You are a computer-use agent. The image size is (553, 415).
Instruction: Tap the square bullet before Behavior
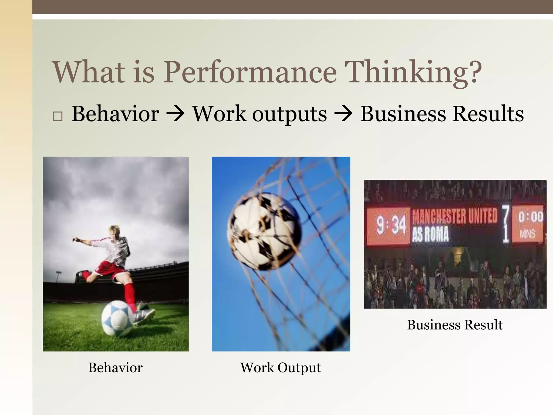click(x=58, y=116)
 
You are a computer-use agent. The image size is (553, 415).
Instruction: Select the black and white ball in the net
click(x=264, y=231)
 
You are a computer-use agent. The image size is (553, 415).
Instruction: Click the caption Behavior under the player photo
click(x=115, y=368)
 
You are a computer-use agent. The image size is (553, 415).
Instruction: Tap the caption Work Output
click(x=281, y=368)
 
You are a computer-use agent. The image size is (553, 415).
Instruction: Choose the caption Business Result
click(x=455, y=325)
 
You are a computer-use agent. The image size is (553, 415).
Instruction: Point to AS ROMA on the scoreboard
click(x=430, y=234)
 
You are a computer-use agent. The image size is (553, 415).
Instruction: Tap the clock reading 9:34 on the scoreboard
click(x=391, y=225)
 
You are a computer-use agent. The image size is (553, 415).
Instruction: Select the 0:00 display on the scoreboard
click(x=530, y=217)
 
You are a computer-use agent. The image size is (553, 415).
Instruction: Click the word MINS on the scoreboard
click(x=527, y=234)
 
